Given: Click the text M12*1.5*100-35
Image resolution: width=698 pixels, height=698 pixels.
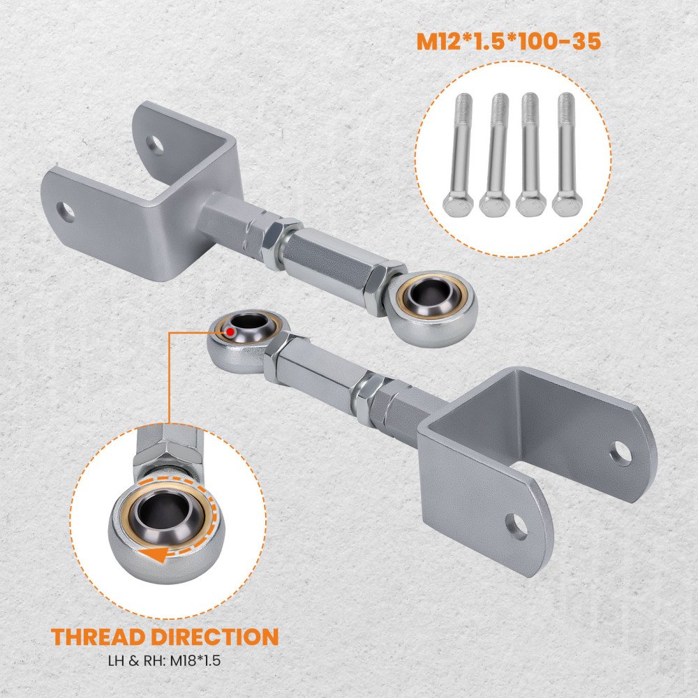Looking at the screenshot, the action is tap(509, 41).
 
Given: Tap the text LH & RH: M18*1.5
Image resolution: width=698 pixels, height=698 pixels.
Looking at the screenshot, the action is tap(164, 660).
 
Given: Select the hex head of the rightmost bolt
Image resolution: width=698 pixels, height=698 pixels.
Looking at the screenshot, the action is tap(567, 204).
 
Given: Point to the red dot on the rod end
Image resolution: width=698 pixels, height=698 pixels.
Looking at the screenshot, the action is tap(230, 331).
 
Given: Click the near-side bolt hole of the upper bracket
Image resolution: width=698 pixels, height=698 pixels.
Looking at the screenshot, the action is tap(66, 212).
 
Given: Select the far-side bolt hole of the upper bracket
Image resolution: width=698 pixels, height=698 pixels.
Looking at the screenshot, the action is tap(155, 144).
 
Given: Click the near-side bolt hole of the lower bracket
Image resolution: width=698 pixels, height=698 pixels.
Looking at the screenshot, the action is tap(517, 526).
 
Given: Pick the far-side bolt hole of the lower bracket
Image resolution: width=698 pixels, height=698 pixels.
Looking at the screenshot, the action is tap(621, 453).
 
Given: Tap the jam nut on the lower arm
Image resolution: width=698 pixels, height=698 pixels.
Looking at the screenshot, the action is tap(368, 398).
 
